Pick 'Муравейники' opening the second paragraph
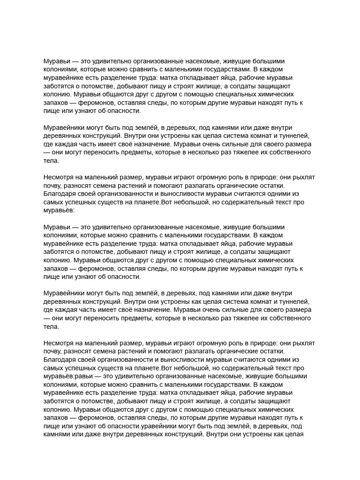tap(66, 127)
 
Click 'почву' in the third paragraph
tap(52, 186)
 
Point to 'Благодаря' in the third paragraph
tap(61, 195)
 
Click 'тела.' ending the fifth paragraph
tap(51, 327)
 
